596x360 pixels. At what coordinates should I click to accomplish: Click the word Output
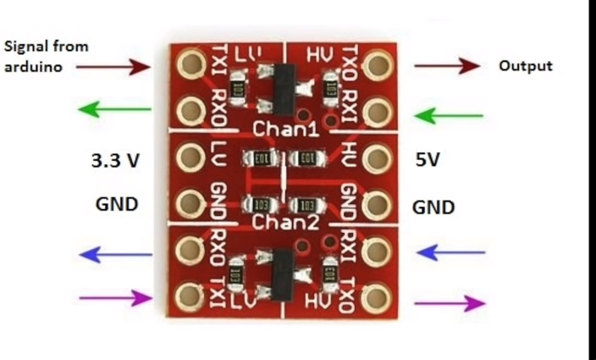(x=525, y=65)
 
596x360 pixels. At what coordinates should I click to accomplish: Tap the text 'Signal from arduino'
(x=47, y=56)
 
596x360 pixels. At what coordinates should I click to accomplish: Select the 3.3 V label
(x=115, y=161)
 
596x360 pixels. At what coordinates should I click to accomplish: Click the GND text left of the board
(x=117, y=204)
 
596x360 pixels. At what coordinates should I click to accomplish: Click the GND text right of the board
(x=433, y=207)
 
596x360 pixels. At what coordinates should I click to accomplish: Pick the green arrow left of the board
(x=113, y=108)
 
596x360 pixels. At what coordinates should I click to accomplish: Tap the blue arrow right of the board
(x=452, y=252)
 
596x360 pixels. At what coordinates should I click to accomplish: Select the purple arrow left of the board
(x=113, y=296)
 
